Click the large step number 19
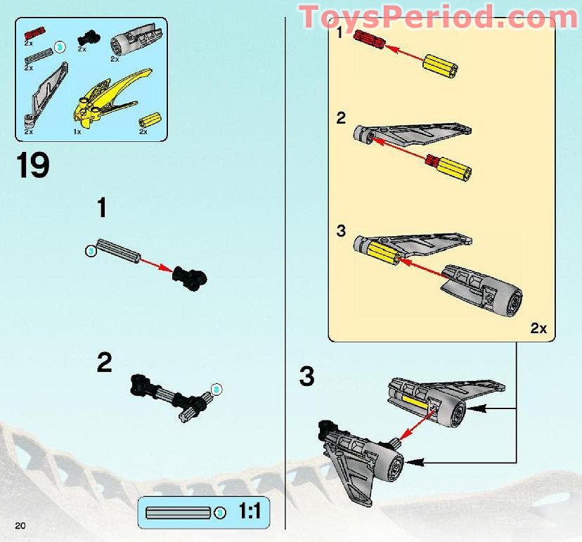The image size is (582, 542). [x=32, y=165]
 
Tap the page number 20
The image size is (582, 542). [x=20, y=525]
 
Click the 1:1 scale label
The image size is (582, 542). [x=249, y=511]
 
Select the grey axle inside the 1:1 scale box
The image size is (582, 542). [x=177, y=512]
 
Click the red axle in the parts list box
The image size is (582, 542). [x=34, y=32]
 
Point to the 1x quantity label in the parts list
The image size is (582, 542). [x=77, y=131]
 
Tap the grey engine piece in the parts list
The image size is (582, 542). [x=138, y=39]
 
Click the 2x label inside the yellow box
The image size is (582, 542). [x=538, y=328]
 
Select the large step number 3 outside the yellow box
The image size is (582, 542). [x=306, y=377]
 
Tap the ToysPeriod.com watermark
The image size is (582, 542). [x=439, y=16]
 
